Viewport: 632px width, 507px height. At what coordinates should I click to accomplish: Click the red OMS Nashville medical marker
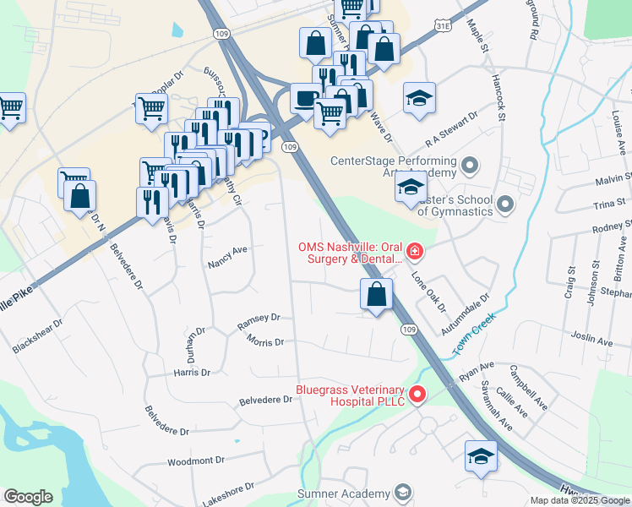tap(415, 251)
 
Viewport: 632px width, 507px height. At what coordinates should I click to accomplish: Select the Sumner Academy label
tap(343, 493)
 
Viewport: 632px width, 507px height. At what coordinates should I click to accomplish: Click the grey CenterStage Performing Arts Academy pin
tap(470, 163)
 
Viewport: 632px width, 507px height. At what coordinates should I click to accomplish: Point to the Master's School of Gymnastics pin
tap(505, 204)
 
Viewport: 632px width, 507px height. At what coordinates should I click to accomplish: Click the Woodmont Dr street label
tap(196, 461)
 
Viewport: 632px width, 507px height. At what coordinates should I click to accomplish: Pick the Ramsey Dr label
tap(259, 319)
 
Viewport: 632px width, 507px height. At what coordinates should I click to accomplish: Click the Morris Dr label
tap(265, 342)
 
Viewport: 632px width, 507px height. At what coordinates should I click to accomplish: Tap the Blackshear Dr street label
tap(38, 335)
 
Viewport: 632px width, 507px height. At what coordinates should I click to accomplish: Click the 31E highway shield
tap(444, 27)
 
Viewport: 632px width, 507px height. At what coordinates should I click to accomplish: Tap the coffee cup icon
tap(305, 98)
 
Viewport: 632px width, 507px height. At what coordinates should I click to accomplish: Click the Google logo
tap(29, 497)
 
